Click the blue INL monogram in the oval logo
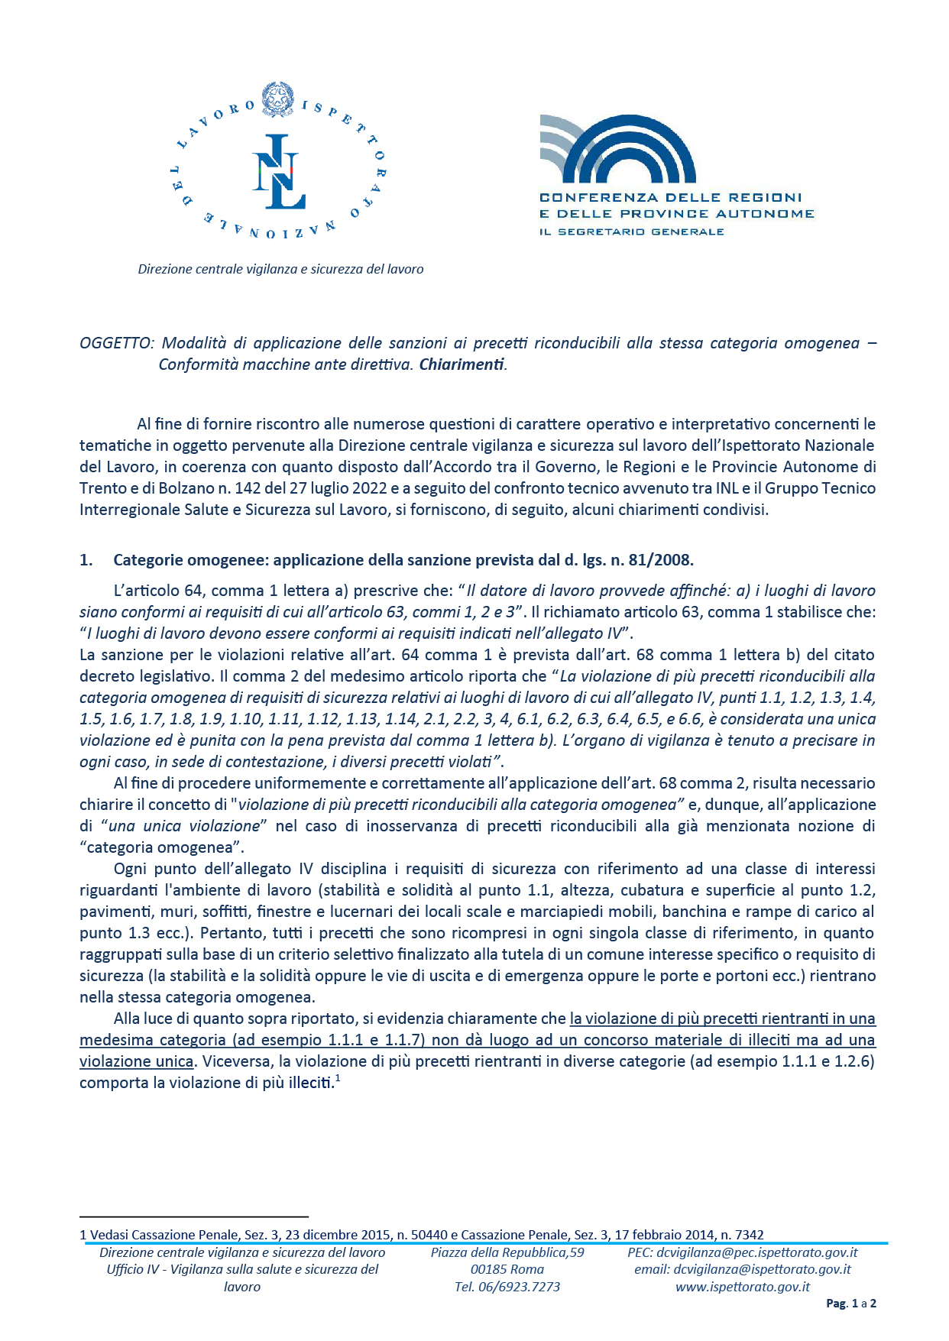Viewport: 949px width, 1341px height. (279, 172)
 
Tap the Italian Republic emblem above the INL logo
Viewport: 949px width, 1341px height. (277, 99)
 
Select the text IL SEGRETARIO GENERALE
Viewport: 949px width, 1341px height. (631, 232)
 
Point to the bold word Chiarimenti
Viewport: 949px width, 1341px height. (462, 364)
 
